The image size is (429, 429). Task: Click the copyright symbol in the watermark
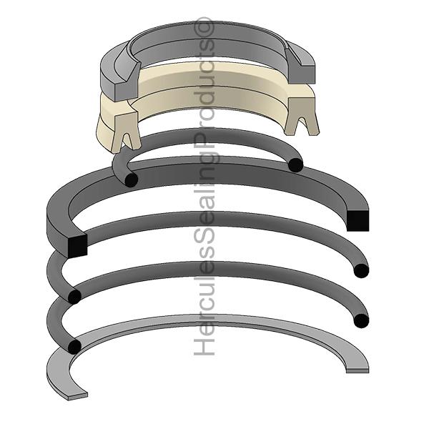point(204,27)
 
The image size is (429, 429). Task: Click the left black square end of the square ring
point(77,246)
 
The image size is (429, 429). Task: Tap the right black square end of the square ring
point(357,220)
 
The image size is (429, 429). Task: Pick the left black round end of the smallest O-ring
point(131,180)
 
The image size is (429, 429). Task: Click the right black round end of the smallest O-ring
point(296,165)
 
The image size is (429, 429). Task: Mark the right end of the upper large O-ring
point(361,271)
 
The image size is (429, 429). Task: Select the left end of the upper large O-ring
point(74,297)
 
